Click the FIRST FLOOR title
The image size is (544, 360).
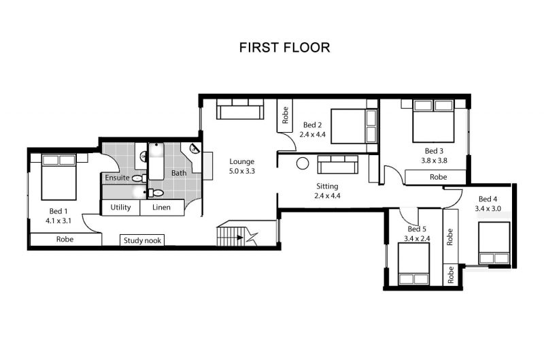point(284,48)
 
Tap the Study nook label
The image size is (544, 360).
point(142,241)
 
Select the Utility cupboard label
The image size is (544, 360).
point(120,208)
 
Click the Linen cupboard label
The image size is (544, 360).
point(161,208)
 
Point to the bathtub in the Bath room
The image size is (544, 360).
point(156,161)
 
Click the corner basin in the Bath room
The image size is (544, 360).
point(194,149)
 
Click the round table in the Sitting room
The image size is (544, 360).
point(303,164)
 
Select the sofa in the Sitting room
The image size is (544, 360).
point(337,165)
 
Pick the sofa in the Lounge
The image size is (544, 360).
point(240,109)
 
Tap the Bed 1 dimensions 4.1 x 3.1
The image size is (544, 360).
point(58,220)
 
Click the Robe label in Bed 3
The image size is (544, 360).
point(438,177)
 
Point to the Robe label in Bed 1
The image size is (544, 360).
point(65,239)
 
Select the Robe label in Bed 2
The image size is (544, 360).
point(285,115)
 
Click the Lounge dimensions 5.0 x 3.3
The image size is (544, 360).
point(242,171)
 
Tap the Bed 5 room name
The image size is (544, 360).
point(417,229)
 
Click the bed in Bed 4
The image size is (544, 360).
point(494,243)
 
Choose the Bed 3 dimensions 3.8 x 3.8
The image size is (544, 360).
point(434,161)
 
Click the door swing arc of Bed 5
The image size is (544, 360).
point(406,220)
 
